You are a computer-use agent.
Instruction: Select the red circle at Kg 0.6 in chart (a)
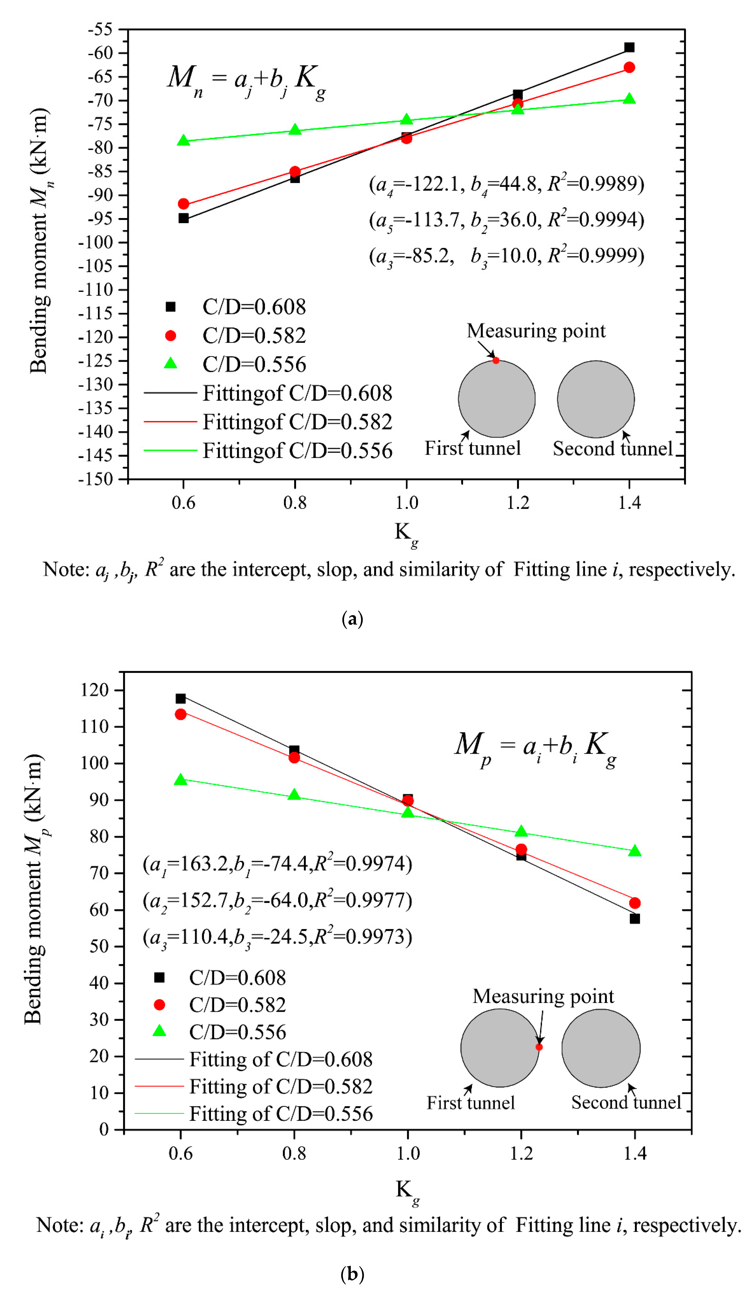coord(183,204)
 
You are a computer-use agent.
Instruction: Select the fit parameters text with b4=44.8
coord(506,184)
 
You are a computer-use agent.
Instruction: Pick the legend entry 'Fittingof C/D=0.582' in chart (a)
coord(297,422)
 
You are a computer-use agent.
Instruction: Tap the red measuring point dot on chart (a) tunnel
coord(495,360)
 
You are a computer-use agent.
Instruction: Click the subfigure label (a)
coord(352,618)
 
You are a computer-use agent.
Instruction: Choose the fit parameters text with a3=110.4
coord(277,937)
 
